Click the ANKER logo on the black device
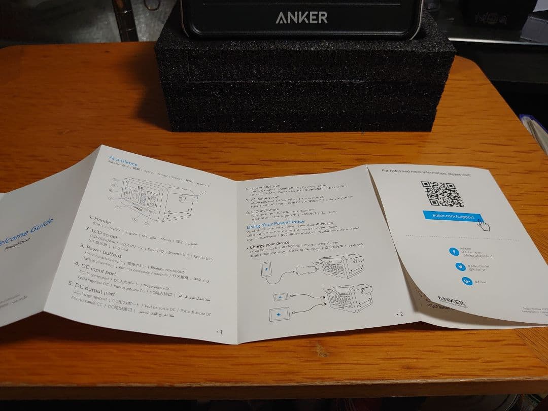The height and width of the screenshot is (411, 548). [301, 18]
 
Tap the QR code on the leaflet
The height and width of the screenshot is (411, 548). [442, 194]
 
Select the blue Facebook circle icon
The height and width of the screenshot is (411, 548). [455, 252]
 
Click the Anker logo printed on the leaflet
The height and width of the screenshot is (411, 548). [451, 301]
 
